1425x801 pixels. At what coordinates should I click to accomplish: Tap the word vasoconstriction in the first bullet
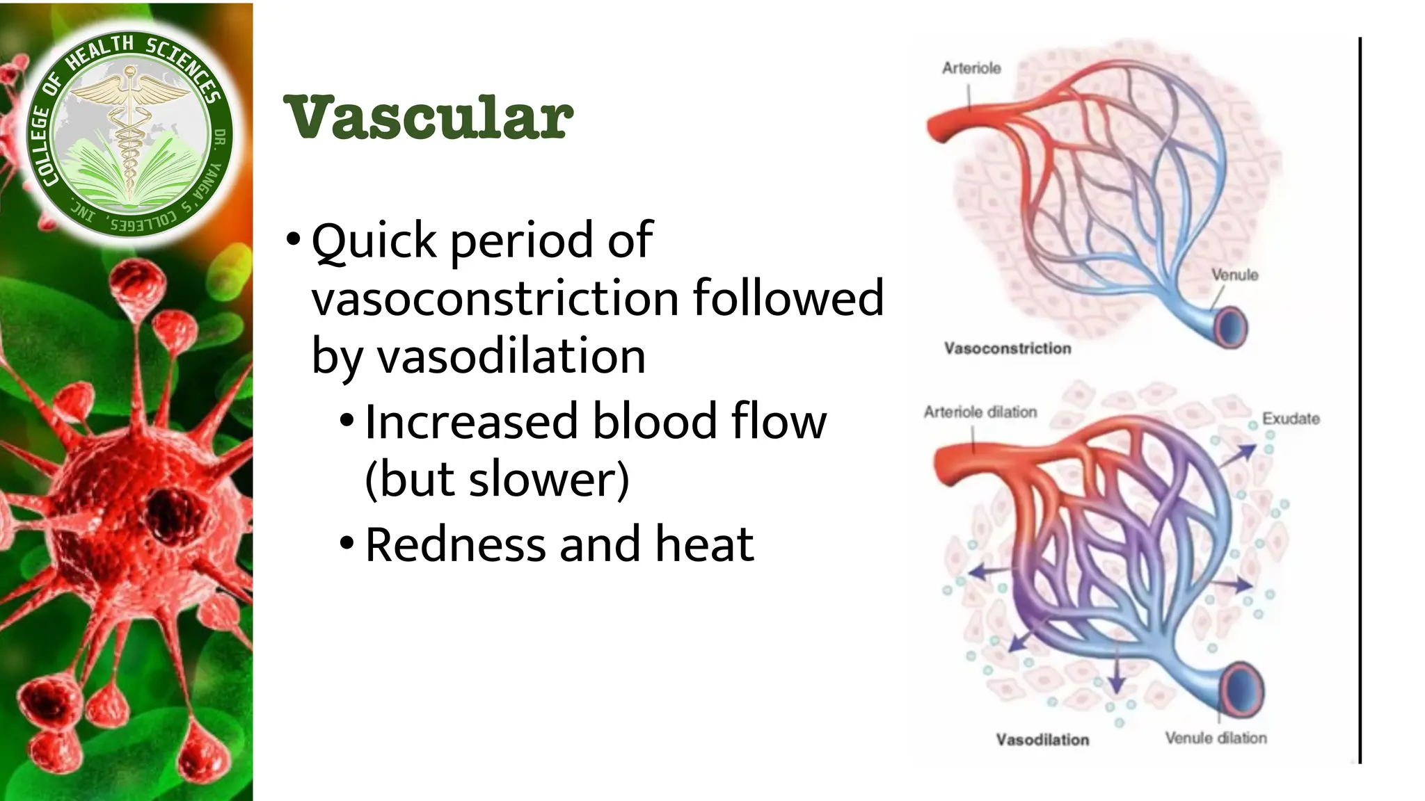click(x=495, y=298)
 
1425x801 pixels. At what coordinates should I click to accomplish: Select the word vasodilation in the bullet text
click(x=511, y=356)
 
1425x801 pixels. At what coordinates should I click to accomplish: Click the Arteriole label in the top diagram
click(x=971, y=68)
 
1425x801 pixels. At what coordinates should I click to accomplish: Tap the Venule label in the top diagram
click(x=1234, y=275)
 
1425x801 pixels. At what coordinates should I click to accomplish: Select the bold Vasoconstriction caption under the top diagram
click(x=1008, y=348)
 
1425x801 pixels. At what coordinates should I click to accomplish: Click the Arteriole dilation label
click(x=980, y=412)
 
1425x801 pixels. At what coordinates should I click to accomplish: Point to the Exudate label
click(x=1291, y=419)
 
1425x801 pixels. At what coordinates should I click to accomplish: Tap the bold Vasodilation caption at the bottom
click(x=1042, y=740)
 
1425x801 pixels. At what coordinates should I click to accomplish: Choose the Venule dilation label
click(x=1216, y=738)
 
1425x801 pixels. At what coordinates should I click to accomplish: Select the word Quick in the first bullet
click(x=374, y=241)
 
